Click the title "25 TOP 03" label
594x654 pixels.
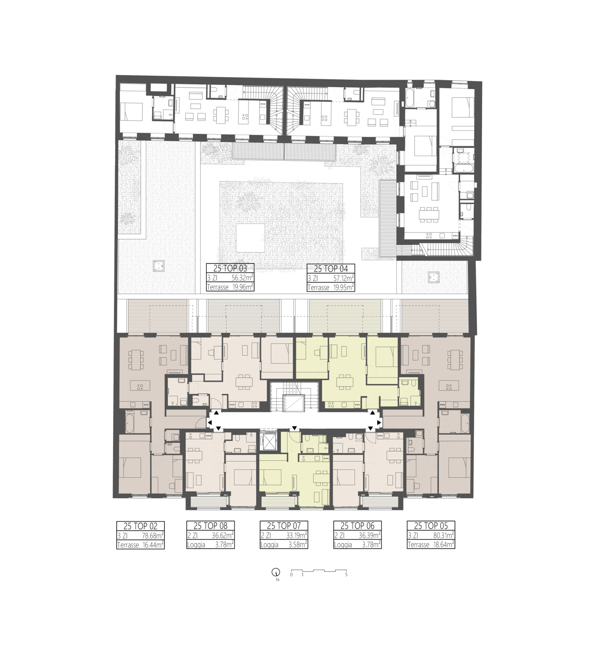coord(230,268)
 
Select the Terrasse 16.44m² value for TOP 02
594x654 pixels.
coord(153,545)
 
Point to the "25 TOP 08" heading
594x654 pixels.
coord(210,526)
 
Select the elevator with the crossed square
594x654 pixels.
coord(267,441)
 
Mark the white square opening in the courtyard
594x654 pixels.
coord(251,238)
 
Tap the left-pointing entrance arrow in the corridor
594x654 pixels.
coord(210,423)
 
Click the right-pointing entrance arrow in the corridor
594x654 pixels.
coord(379,423)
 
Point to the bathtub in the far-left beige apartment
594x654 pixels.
coord(129,422)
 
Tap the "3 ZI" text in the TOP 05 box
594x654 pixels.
coord(413,535)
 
